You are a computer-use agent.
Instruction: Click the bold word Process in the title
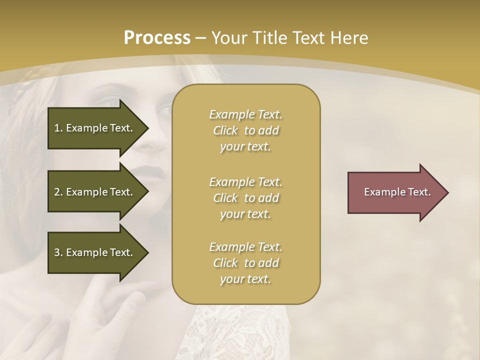[157, 38]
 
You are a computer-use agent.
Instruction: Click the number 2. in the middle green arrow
[58, 192]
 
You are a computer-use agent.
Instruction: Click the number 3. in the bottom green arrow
[58, 252]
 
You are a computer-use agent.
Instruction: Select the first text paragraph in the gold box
[245, 130]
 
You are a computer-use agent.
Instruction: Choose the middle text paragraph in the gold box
[245, 198]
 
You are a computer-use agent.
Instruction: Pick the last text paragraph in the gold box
[245, 263]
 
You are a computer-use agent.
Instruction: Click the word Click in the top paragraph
[225, 131]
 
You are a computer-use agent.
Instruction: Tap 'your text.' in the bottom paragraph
[245, 279]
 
